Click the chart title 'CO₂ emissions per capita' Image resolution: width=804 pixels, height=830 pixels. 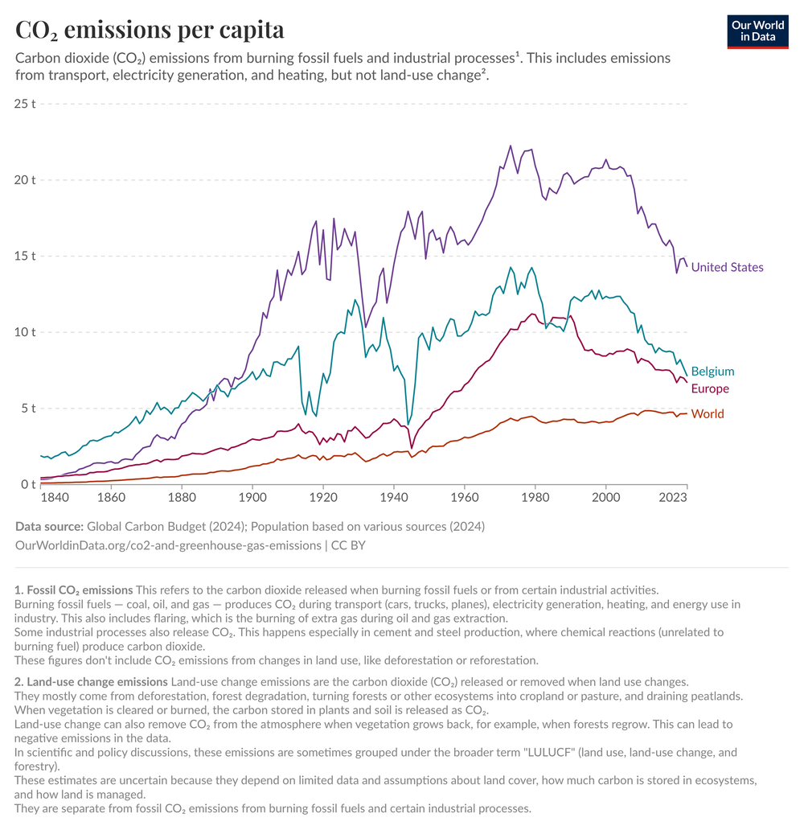(150, 30)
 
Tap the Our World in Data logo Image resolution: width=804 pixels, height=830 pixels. (757, 31)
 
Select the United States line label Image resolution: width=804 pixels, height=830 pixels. (727, 267)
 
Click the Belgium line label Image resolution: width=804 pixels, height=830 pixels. (712, 372)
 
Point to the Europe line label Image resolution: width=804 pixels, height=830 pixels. (710, 389)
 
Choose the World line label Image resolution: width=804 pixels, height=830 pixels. (708, 414)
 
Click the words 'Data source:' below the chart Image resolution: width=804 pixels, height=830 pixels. (49, 526)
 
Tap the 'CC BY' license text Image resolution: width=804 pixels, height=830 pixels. (351, 545)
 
